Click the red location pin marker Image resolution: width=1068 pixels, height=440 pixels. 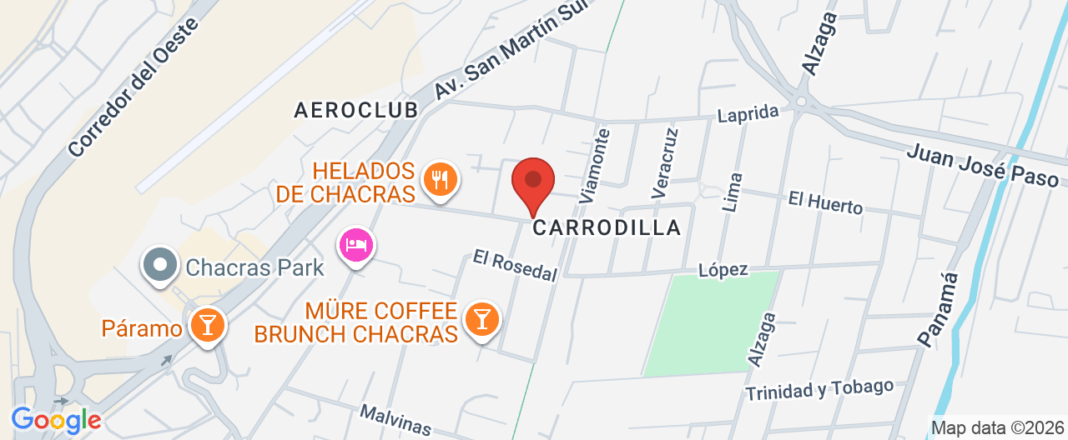point(532,184)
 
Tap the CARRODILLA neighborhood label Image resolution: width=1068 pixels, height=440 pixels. point(607,227)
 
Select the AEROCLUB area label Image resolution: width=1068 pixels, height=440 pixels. point(355,110)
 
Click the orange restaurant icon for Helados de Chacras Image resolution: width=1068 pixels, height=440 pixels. point(438,179)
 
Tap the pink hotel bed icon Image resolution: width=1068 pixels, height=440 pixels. point(356,245)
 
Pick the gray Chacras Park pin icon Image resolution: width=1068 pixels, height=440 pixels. point(160,267)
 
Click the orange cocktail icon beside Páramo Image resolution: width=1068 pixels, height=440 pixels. point(207,324)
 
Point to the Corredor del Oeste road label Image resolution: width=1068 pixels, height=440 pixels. point(133,87)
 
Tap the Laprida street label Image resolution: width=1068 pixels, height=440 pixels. point(748,112)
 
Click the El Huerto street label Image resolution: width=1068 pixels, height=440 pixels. point(825,202)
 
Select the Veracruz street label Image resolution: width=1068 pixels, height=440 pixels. point(664,162)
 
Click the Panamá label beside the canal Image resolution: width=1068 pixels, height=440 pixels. point(939,309)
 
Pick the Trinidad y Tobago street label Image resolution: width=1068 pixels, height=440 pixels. point(819,389)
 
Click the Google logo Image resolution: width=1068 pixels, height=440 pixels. point(56,420)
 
